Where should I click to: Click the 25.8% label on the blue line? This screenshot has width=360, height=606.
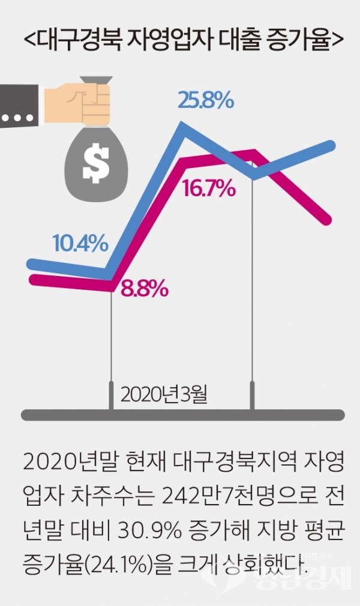(x=205, y=101)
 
